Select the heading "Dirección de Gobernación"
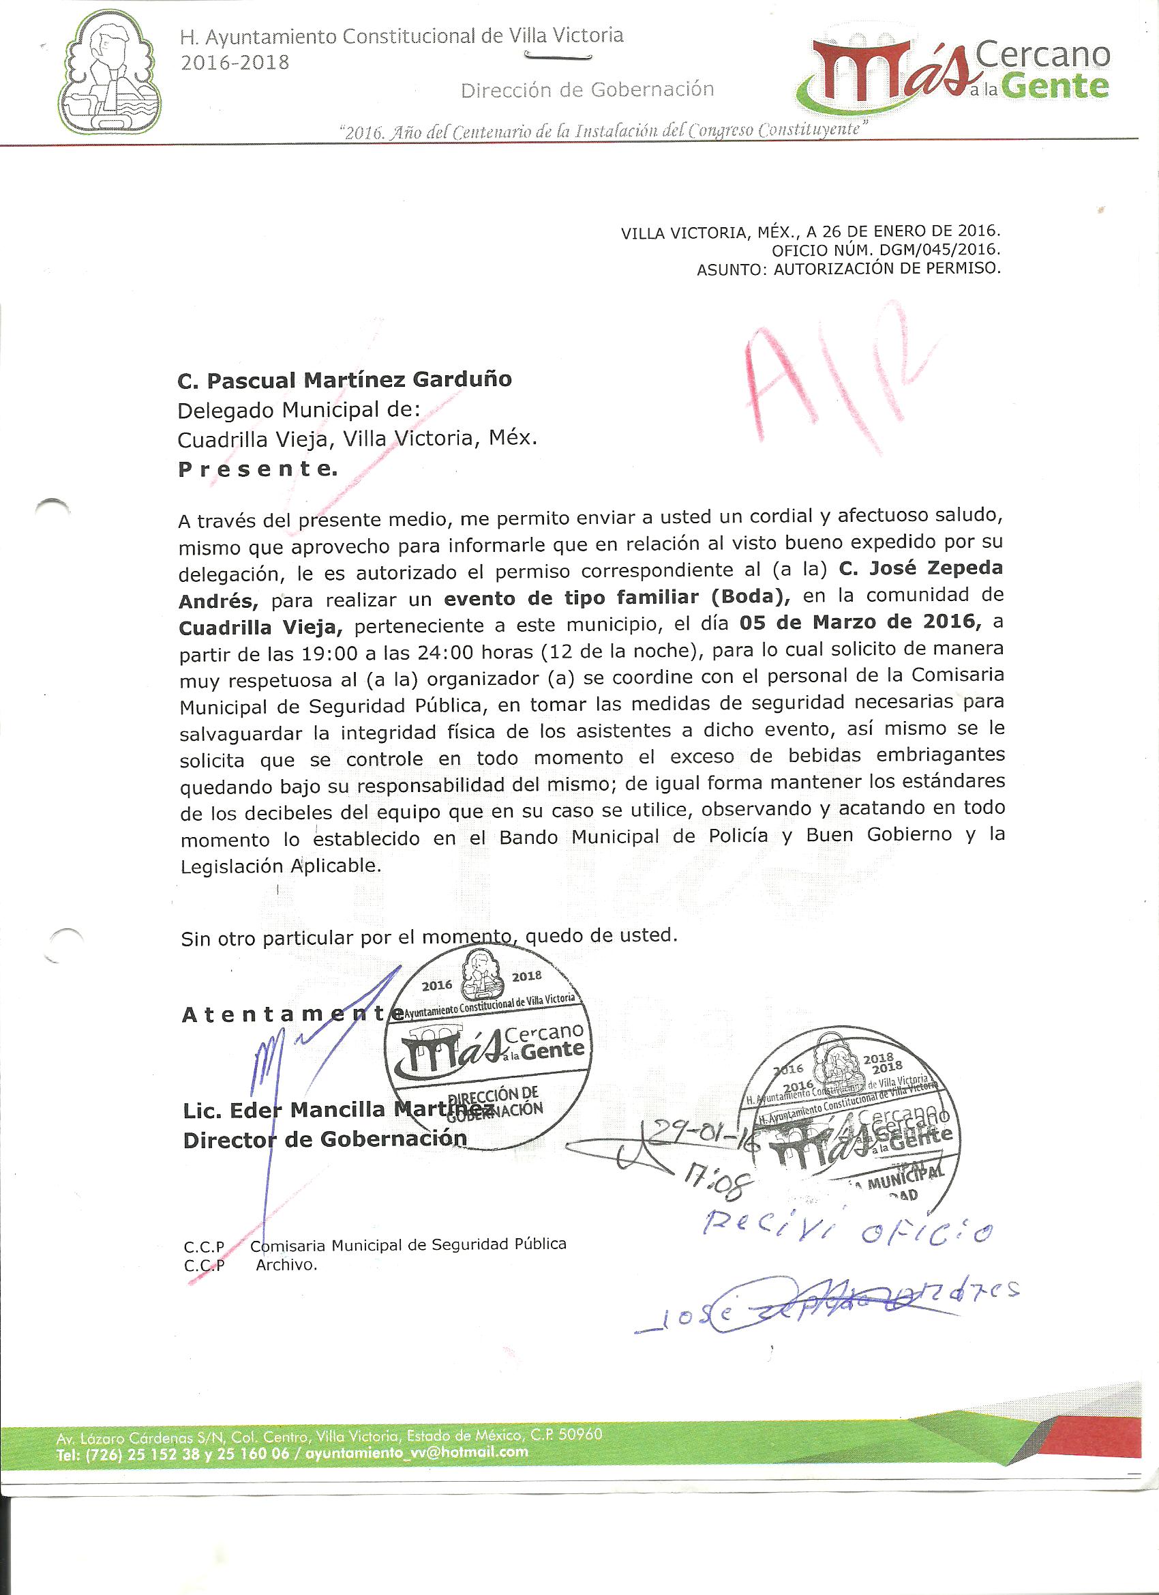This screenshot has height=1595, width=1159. tap(587, 90)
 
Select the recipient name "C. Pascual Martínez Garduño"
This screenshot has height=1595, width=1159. tap(344, 381)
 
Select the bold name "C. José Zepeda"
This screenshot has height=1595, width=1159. tap(921, 567)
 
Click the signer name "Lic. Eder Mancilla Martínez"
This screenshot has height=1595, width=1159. tap(337, 1110)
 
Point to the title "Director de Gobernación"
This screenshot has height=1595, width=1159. tap(325, 1139)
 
